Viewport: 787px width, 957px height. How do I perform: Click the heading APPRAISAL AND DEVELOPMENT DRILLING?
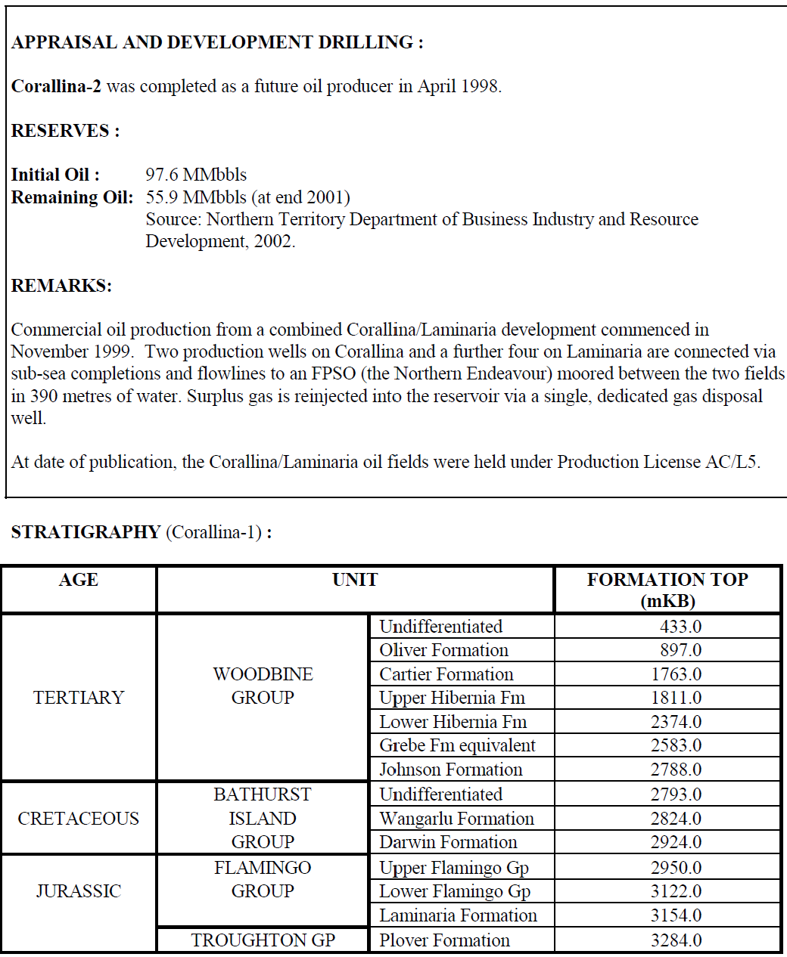[x=217, y=42]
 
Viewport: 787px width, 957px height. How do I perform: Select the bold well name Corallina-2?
[x=56, y=86]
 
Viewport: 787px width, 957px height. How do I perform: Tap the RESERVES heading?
[x=65, y=131]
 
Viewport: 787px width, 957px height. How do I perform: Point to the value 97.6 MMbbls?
[x=196, y=175]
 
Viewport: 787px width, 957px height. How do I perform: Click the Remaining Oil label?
[x=72, y=197]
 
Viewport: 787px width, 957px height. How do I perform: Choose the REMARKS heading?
[x=61, y=286]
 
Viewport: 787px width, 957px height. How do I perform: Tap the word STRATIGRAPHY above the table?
[x=86, y=532]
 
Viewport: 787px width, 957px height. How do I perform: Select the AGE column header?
[x=79, y=580]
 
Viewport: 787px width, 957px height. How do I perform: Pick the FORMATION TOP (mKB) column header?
[x=667, y=590]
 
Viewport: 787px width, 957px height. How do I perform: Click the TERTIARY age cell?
[x=79, y=697]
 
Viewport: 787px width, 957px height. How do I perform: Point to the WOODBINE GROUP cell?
[x=263, y=686]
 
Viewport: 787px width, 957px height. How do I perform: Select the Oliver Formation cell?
[x=443, y=650]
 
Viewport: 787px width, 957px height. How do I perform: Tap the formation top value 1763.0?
[x=676, y=674]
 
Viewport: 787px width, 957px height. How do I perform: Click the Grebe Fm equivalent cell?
[x=457, y=745]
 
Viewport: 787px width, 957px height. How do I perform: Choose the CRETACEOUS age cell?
[x=79, y=818]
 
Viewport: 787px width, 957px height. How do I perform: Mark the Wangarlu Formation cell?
[x=456, y=819]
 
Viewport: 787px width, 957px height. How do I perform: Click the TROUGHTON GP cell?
[x=263, y=940]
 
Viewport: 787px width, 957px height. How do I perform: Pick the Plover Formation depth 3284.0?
[x=676, y=940]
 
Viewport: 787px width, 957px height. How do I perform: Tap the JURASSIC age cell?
[x=79, y=890]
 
